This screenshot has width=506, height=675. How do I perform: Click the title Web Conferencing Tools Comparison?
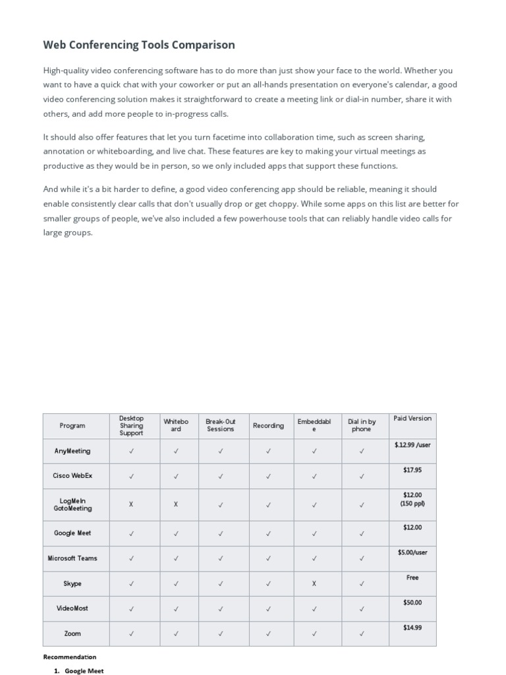point(139,45)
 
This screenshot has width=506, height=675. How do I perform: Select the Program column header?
point(72,426)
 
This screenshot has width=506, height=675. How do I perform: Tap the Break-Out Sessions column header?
point(220,425)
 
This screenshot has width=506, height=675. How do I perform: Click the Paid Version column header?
point(412,418)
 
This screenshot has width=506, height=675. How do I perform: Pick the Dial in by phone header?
point(362,425)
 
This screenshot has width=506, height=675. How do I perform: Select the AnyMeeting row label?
point(72,452)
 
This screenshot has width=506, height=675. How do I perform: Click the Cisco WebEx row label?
point(72,475)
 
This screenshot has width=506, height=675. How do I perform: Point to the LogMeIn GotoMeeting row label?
point(72,504)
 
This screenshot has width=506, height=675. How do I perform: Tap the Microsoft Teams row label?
point(72,558)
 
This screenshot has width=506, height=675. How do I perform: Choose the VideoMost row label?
point(72,608)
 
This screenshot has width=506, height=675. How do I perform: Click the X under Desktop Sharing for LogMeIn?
point(131,504)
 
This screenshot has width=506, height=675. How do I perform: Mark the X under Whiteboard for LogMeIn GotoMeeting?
point(176,504)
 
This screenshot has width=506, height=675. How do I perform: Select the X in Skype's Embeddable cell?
point(314,583)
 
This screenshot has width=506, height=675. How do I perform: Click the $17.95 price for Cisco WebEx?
point(412,470)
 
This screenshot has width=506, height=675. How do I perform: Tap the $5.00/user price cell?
point(412,552)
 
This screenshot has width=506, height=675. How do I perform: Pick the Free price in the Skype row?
point(412,577)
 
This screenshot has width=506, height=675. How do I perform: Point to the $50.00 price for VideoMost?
point(412,602)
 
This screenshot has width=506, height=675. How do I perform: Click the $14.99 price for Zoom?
point(412,628)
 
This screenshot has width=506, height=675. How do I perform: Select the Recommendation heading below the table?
point(70,657)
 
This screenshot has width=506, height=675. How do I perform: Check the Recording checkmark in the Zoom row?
point(268,633)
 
